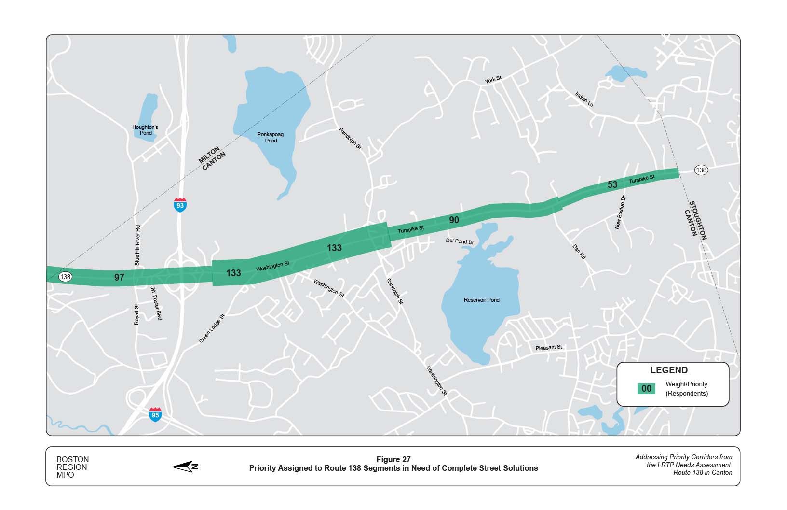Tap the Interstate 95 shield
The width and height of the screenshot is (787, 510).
tap(155, 414)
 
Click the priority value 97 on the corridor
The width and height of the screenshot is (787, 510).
tap(119, 277)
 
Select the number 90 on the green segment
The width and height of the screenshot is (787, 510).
tap(454, 220)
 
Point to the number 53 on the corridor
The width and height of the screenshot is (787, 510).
tap(612, 184)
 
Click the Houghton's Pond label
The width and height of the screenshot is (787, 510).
tap(145, 130)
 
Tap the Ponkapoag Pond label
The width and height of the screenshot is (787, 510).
tap(271, 138)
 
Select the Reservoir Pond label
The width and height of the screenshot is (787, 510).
tap(481, 300)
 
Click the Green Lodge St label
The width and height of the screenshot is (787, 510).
tap(212, 329)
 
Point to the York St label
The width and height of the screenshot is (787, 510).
tap(493, 79)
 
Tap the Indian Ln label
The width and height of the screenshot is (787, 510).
tap(584, 99)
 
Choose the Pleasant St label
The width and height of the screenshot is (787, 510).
tap(548, 348)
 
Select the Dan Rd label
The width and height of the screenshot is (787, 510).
tap(579, 252)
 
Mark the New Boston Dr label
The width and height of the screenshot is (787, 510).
tap(620, 212)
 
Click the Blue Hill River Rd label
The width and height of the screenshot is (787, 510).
tap(137, 245)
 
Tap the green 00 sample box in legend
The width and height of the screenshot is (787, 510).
tap(646, 389)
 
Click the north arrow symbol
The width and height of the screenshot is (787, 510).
tap(185, 467)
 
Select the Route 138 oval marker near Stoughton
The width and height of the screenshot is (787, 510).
tap(701, 170)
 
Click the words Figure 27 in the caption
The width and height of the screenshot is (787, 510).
tap(393, 459)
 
